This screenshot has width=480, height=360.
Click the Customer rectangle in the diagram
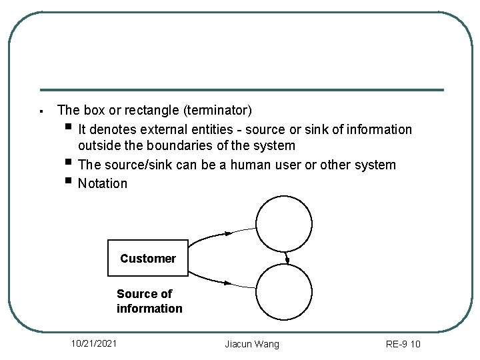(x=148, y=258)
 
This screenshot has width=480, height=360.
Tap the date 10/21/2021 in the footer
(x=95, y=343)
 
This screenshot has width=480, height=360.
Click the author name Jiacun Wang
(x=252, y=344)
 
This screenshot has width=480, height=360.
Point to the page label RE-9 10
(x=403, y=344)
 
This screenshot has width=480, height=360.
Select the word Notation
(x=102, y=183)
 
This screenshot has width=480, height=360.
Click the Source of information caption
(x=149, y=301)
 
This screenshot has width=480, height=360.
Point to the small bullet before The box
(x=41, y=111)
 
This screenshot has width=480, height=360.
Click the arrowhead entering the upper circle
(x=228, y=233)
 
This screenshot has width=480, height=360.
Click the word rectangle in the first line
(x=138, y=109)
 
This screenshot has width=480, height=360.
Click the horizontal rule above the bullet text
(x=241, y=90)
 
